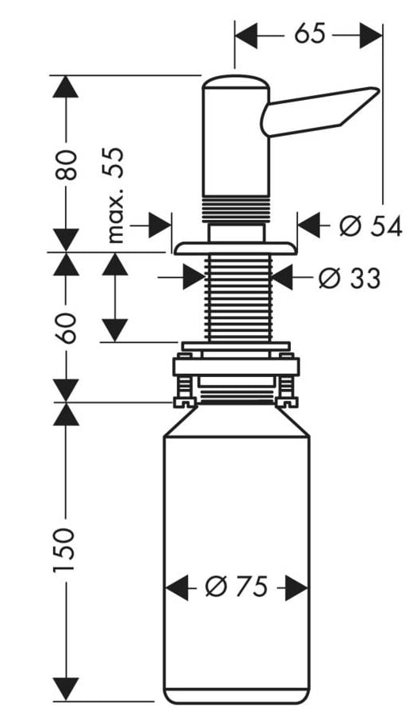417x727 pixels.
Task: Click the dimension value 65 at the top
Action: coord(310,34)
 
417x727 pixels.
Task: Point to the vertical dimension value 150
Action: coord(64,550)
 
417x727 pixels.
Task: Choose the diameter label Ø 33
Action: coord(350,279)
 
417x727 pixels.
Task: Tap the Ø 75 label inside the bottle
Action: coord(236,587)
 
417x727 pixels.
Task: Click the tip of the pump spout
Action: coord(379,89)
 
